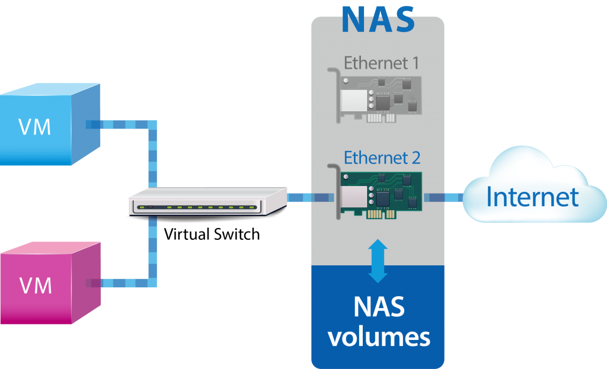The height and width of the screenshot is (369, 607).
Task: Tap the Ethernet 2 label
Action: click(x=382, y=159)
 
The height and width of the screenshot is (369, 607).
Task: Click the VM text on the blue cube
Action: click(x=35, y=127)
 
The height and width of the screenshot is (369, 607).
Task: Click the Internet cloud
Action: click(x=533, y=187)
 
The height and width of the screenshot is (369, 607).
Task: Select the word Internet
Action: click(x=532, y=197)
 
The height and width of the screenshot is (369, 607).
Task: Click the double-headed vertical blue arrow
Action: click(x=378, y=261)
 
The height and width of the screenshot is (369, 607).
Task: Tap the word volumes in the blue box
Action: click(x=379, y=336)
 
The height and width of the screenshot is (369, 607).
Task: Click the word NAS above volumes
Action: click(x=379, y=307)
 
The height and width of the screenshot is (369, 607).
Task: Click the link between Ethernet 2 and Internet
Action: click(x=444, y=197)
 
